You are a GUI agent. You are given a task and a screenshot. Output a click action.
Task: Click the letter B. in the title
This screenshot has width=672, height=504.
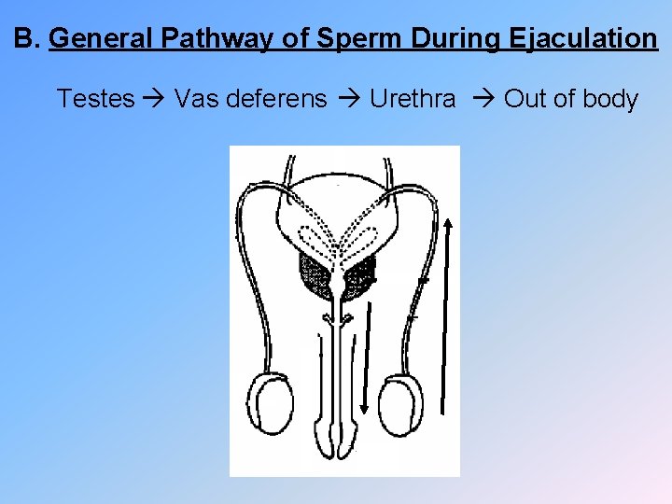click(27, 39)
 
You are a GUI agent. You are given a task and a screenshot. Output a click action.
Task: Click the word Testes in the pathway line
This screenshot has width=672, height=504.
click(95, 98)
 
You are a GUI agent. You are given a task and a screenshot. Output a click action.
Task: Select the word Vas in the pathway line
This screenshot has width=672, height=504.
click(194, 98)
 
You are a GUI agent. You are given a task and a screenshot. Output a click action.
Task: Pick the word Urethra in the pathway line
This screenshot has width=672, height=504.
click(413, 98)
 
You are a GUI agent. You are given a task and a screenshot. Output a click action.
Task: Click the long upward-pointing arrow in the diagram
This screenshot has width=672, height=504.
click(447, 317)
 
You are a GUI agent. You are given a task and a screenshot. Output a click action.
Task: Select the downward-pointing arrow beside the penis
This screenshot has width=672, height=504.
click(366, 364)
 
